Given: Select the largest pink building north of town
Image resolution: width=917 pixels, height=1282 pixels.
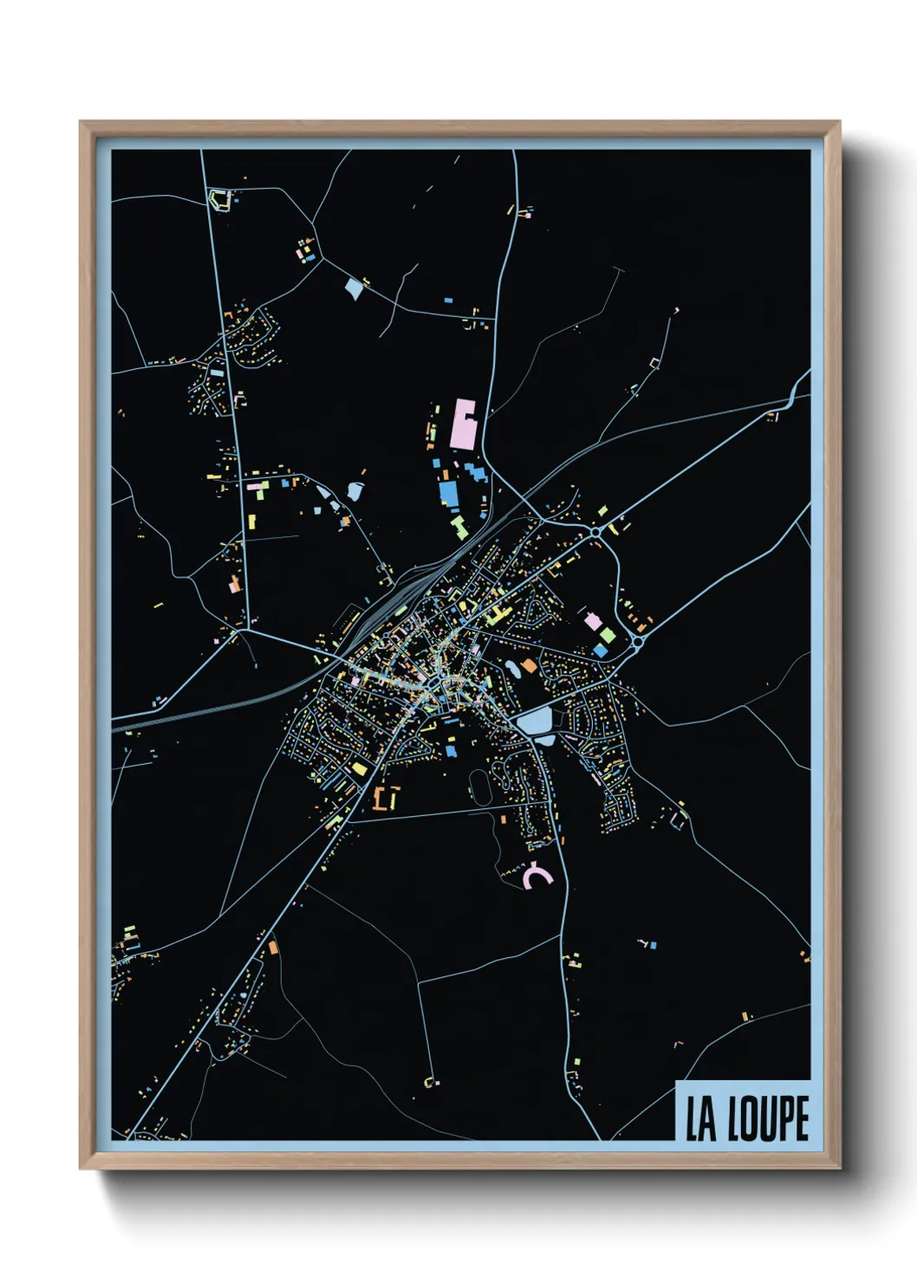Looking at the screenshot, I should (465, 424).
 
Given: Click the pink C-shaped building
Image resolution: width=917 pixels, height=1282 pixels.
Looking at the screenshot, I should (537, 877).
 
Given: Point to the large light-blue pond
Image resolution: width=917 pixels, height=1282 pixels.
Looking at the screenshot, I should (534, 720).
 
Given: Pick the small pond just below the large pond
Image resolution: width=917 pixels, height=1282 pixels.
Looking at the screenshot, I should (545, 740).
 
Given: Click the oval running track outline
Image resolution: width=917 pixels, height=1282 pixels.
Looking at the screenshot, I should (479, 785).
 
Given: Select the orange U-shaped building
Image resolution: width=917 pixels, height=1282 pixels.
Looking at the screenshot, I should (386, 798).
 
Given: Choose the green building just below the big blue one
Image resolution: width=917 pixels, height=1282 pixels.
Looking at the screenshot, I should (458, 525).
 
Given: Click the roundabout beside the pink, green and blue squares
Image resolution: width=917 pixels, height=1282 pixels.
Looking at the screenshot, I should (637, 642).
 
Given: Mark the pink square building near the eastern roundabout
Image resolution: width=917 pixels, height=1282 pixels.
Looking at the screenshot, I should (593, 621).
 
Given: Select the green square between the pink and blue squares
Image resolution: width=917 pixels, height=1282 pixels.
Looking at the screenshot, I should (608, 635).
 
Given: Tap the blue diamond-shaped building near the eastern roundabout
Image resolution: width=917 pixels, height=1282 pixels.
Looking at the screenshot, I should (600, 651).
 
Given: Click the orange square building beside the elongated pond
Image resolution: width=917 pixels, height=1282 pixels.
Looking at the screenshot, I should (528, 666).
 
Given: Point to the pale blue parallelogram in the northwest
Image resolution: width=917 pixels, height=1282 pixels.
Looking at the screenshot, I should (354, 288).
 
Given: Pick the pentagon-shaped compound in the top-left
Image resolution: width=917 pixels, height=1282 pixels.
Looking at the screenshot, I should (220, 199).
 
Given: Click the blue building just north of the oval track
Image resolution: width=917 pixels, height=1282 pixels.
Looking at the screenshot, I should (451, 749).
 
